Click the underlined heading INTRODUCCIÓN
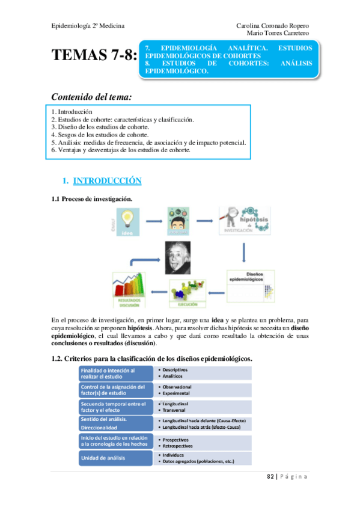107,180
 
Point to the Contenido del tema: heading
91,96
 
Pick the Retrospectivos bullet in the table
176,446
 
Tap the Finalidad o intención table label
114,373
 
